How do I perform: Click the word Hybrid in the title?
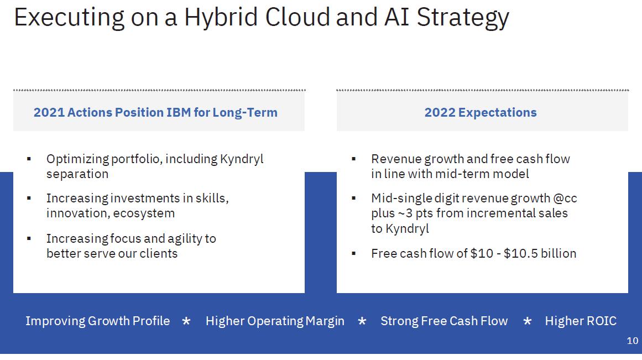(x=221, y=18)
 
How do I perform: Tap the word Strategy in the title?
(x=463, y=18)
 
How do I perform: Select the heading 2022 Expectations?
(x=481, y=112)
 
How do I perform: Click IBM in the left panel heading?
(x=179, y=112)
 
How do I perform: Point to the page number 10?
(x=632, y=340)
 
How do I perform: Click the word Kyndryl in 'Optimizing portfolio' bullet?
(x=242, y=159)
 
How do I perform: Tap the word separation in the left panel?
(x=77, y=174)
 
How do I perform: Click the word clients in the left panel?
(x=159, y=253)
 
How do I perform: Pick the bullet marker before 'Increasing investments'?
(x=29, y=198)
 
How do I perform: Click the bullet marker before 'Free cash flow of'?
(x=354, y=253)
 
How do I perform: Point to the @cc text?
(x=565, y=199)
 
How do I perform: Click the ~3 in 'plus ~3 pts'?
(x=405, y=213)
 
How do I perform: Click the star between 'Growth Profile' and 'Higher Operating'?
(x=186, y=321)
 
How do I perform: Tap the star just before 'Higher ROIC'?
(x=528, y=321)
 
